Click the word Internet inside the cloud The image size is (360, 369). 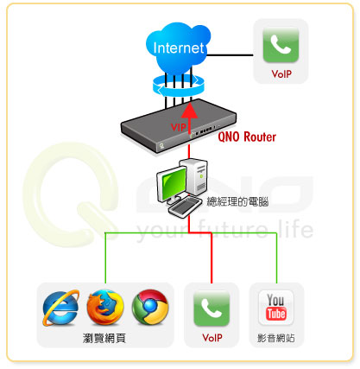(179, 48)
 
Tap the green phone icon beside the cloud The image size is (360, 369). (281, 45)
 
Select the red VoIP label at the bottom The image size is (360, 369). (212, 337)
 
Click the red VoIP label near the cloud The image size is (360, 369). (281, 74)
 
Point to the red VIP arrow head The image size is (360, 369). (189, 111)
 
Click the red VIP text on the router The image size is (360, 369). (179, 127)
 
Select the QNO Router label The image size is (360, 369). (247, 137)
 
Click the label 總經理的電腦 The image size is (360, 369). (237, 201)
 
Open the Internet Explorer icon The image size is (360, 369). (60, 308)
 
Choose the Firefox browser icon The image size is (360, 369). (105, 308)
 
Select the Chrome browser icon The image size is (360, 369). (150, 308)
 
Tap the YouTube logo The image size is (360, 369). (276, 307)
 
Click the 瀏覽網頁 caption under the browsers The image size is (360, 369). (104, 338)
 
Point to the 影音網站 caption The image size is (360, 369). (276, 338)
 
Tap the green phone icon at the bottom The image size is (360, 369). (212, 309)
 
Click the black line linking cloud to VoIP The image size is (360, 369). (230, 54)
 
